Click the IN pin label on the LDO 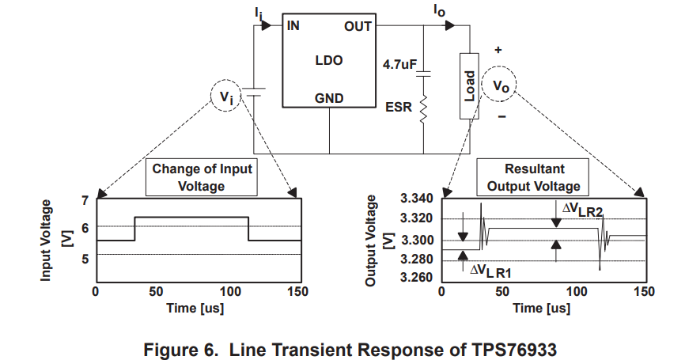point(293,26)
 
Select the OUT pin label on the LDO point(358,27)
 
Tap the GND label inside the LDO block point(329,98)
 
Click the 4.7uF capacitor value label point(399,65)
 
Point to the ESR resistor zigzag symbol point(423,108)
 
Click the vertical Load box point(469,86)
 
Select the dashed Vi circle point(226,96)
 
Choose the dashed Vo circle point(499,84)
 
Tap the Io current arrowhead point(450,25)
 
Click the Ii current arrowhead point(267,25)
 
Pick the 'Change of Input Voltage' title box point(202,177)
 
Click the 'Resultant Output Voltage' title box point(532,177)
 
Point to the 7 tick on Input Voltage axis point(85,201)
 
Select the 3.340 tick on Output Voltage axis point(417,199)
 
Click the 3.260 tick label point(417,278)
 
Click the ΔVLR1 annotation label point(490,271)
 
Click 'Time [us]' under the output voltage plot point(542,308)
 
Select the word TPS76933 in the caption point(514,350)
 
